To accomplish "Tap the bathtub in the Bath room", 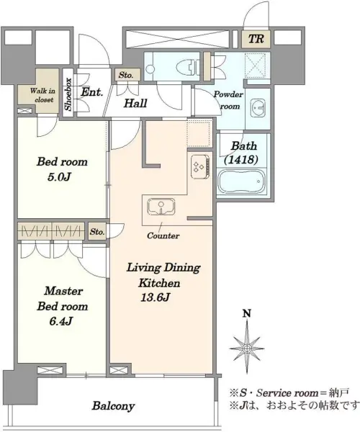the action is point(242,181).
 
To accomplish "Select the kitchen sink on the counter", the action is point(161,206).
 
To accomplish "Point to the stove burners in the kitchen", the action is point(200,167).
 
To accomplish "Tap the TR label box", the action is point(256,39).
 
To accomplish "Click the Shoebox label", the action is point(68,94).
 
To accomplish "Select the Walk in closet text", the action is point(42,95).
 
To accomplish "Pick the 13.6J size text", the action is point(155,297).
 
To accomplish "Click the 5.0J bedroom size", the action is point(59,176).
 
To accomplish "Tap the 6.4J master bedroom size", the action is point(61,321).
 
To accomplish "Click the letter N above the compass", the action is point(247,313).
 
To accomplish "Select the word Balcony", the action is point(113,406).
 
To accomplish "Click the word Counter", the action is point(163,235).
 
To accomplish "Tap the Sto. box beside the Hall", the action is point(126,75).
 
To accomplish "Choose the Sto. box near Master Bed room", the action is point(97,232).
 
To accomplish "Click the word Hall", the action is point(135,103).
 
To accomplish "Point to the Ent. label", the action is point(91,91).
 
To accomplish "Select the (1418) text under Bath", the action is point(241,159).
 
